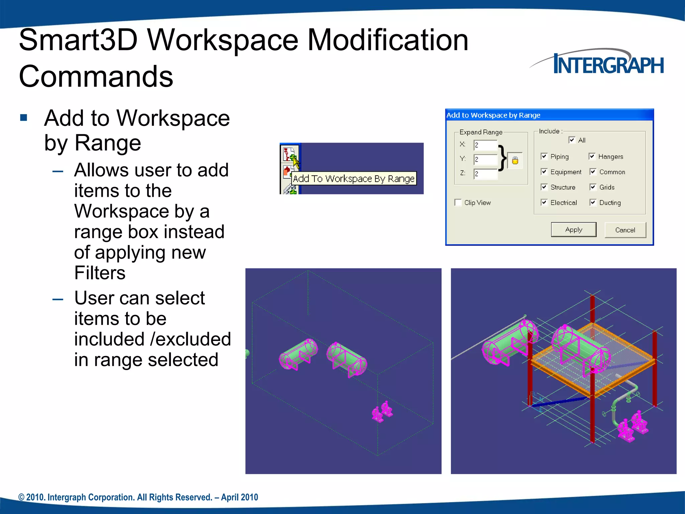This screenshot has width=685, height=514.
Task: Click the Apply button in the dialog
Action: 573,230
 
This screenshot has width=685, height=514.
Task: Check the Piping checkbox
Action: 544,156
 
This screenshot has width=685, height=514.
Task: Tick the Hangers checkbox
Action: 592,156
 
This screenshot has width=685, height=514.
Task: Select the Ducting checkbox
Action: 593,202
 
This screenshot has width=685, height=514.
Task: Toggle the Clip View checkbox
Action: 458,202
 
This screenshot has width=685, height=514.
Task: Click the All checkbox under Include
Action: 572,140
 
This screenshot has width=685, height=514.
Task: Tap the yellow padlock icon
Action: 515,160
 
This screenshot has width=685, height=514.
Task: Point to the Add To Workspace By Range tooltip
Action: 354,179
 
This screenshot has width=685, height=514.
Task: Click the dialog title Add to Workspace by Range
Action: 493,115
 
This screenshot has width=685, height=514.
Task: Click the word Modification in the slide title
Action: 388,40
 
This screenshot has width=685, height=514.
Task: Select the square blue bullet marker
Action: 23,117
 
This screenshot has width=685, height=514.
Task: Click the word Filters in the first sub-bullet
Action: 100,273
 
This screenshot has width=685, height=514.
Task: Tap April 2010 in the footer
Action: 239,497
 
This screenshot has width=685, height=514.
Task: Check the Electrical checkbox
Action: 544,202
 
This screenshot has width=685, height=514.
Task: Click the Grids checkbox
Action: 593,187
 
